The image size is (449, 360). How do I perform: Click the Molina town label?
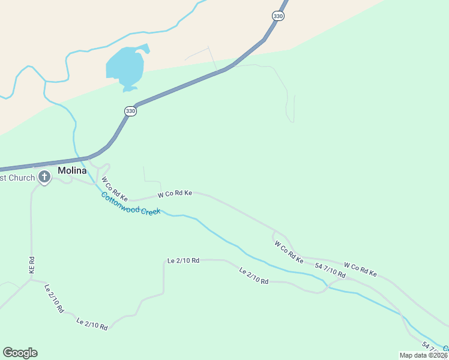72,170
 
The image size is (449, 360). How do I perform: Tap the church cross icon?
44,177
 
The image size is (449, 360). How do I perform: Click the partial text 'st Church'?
17,178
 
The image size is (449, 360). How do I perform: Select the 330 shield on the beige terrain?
277,16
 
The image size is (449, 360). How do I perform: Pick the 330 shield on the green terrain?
131,111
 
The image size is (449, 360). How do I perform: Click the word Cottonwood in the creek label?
119,202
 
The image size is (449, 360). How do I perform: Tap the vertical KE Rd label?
32,266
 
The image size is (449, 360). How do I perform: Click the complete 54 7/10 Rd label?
330,270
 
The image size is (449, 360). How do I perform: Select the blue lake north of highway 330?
125,67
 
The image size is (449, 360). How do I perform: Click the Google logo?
20,353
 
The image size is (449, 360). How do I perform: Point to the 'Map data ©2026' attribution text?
424,355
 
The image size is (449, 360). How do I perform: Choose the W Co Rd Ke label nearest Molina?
115,188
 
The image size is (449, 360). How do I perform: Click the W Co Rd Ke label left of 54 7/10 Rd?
289,252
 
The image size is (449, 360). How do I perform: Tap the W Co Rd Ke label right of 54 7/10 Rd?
360,269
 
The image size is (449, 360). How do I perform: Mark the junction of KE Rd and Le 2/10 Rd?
32,279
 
